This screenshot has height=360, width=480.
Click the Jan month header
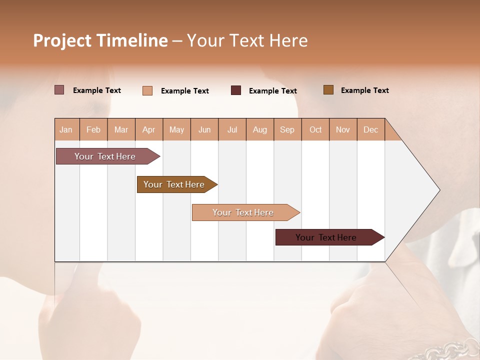pos(66,129)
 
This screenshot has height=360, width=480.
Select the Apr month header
pos(148,129)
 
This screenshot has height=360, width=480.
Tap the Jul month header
pos(232,129)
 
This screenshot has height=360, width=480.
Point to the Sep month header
pos(287,129)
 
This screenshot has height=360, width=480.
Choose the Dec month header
pos(370,129)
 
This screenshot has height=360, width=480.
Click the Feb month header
pos(93,129)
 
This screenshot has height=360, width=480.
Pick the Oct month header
pos(315,129)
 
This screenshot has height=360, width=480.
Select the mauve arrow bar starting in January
pos(105,156)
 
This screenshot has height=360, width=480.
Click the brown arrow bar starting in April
pos(174,184)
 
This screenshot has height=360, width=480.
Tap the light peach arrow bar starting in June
pos(243,212)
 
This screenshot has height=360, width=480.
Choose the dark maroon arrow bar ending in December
pos(326,237)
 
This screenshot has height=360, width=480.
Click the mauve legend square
pos(59,90)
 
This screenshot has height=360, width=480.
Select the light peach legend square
pos(147,90)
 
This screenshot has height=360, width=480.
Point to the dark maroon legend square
pos(236,90)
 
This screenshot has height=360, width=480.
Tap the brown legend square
pos(328,90)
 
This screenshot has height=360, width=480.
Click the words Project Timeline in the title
pos(100,40)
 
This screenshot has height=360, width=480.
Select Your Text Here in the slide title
pos(247,40)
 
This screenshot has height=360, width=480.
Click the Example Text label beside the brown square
pos(364,90)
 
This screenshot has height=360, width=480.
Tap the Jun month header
pos(204,129)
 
